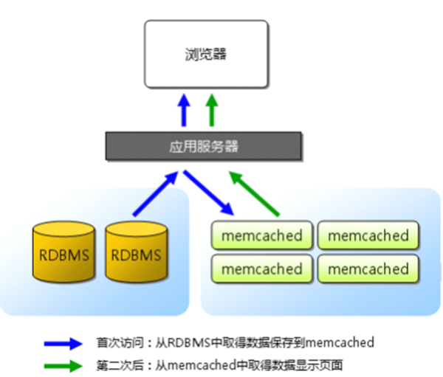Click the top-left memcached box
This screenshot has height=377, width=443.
262,236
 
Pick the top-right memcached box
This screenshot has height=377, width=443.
368,236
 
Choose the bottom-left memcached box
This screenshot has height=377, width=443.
262,269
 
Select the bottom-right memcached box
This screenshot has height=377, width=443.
368,269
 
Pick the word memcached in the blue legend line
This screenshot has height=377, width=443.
340,343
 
